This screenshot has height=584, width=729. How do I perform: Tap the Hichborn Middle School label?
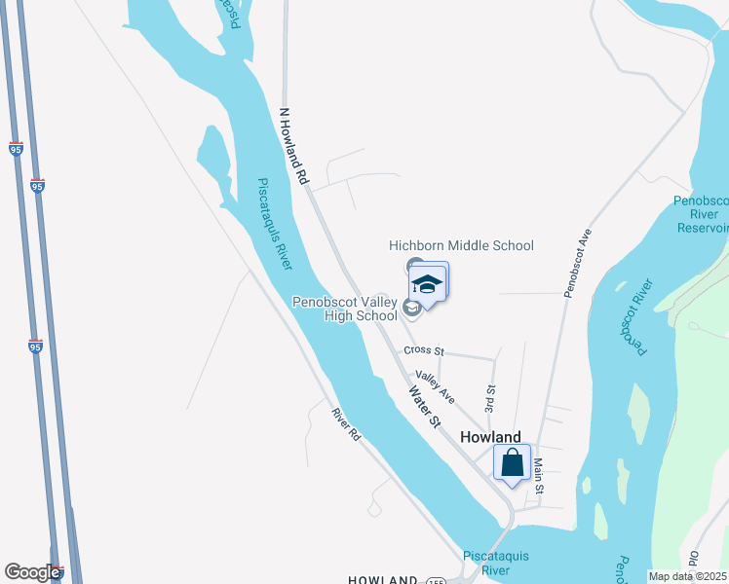pyautogui.click(x=461, y=245)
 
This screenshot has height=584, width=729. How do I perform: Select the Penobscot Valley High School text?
pyautogui.click(x=345, y=309)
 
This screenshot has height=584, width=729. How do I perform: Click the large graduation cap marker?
pyautogui.click(x=427, y=284)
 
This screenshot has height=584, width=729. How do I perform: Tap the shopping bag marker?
pyautogui.click(x=512, y=463)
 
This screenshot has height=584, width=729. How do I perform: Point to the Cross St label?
pyautogui.click(x=424, y=350)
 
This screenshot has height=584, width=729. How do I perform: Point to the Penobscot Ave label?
pyautogui.click(x=577, y=263)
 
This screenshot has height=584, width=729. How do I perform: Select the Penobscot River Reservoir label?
pyautogui.click(x=701, y=214)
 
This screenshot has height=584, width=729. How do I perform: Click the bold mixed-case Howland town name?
pyautogui.click(x=490, y=438)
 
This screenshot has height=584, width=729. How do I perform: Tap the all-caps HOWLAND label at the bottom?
pyautogui.click(x=384, y=579)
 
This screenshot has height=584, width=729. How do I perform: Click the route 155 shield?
pyautogui.click(x=436, y=580)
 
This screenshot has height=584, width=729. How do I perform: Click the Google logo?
pyautogui.click(x=32, y=572)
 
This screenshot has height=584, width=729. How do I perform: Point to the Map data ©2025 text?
pyautogui.click(x=687, y=576)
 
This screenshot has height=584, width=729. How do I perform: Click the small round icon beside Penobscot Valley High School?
pyautogui.click(x=411, y=309)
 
